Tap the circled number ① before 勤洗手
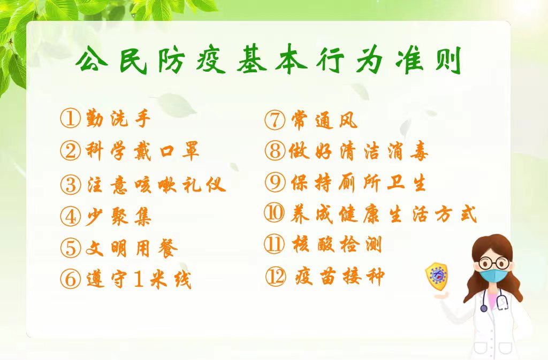pyautogui.click(x=70, y=118)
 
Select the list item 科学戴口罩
pyautogui.click(x=142, y=151)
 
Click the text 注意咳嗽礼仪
pyautogui.click(x=156, y=183)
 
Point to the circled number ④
pyautogui.click(x=70, y=216)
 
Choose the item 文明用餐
pyautogui.click(x=132, y=248)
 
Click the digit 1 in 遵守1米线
pyautogui.click(x=139, y=279)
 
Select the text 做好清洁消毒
pyautogui.click(x=358, y=151)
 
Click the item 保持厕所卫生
pyautogui.click(x=358, y=182)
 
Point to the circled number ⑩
pyautogui.click(x=275, y=213)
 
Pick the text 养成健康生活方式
pyautogui.click(x=383, y=213)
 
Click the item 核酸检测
pyautogui.click(x=337, y=244)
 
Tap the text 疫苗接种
pyautogui.click(x=339, y=276)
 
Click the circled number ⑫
pyautogui.click(x=276, y=276)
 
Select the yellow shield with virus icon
pyautogui.click(x=436, y=274)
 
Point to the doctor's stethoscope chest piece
pyautogui.click(x=484, y=308)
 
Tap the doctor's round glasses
pyautogui.click(x=494, y=263)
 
